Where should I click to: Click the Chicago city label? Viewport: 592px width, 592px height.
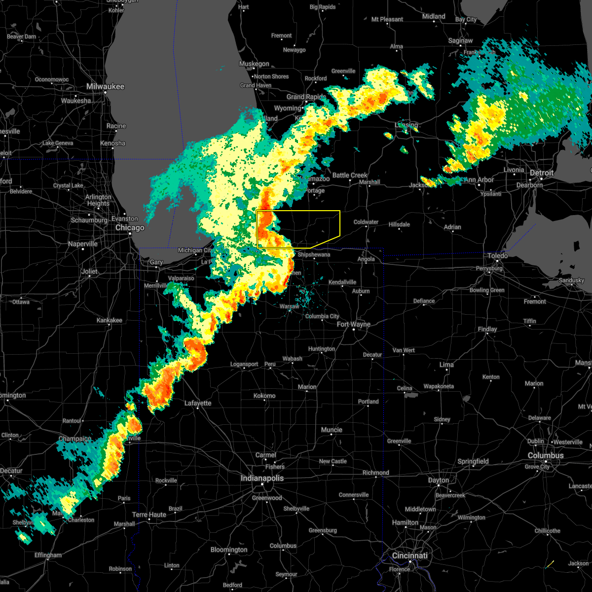click(x=130, y=228)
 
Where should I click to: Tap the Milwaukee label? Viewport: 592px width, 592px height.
click(x=105, y=86)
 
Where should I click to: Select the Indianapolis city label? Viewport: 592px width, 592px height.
click(x=262, y=478)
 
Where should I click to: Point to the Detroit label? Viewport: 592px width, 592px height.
click(x=542, y=173)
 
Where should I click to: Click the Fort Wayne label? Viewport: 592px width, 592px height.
click(x=353, y=324)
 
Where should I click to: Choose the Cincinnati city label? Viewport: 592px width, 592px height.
click(x=409, y=555)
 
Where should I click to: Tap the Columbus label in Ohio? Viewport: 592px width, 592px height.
click(x=546, y=455)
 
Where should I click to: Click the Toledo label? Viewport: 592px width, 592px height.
click(x=497, y=256)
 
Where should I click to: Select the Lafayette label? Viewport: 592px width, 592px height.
click(x=198, y=403)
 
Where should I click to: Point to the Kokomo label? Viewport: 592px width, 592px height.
click(x=264, y=396)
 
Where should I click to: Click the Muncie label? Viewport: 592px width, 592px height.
click(x=332, y=430)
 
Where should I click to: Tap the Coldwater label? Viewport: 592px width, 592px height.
click(x=366, y=222)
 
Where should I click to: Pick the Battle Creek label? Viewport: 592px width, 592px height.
click(x=350, y=175)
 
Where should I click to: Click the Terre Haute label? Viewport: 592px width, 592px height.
click(x=149, y=515)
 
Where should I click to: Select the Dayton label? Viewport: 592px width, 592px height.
click(x=438, y=480)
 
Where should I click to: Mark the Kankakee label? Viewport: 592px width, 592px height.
click(x=109, y=320)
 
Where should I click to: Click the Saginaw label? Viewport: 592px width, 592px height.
click(x=460, y=41)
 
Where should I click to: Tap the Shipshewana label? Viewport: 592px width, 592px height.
click(x=314, y=255)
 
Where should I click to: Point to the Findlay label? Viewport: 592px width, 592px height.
click(x=487, y=329)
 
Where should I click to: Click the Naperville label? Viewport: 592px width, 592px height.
click(x=83, y=244)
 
